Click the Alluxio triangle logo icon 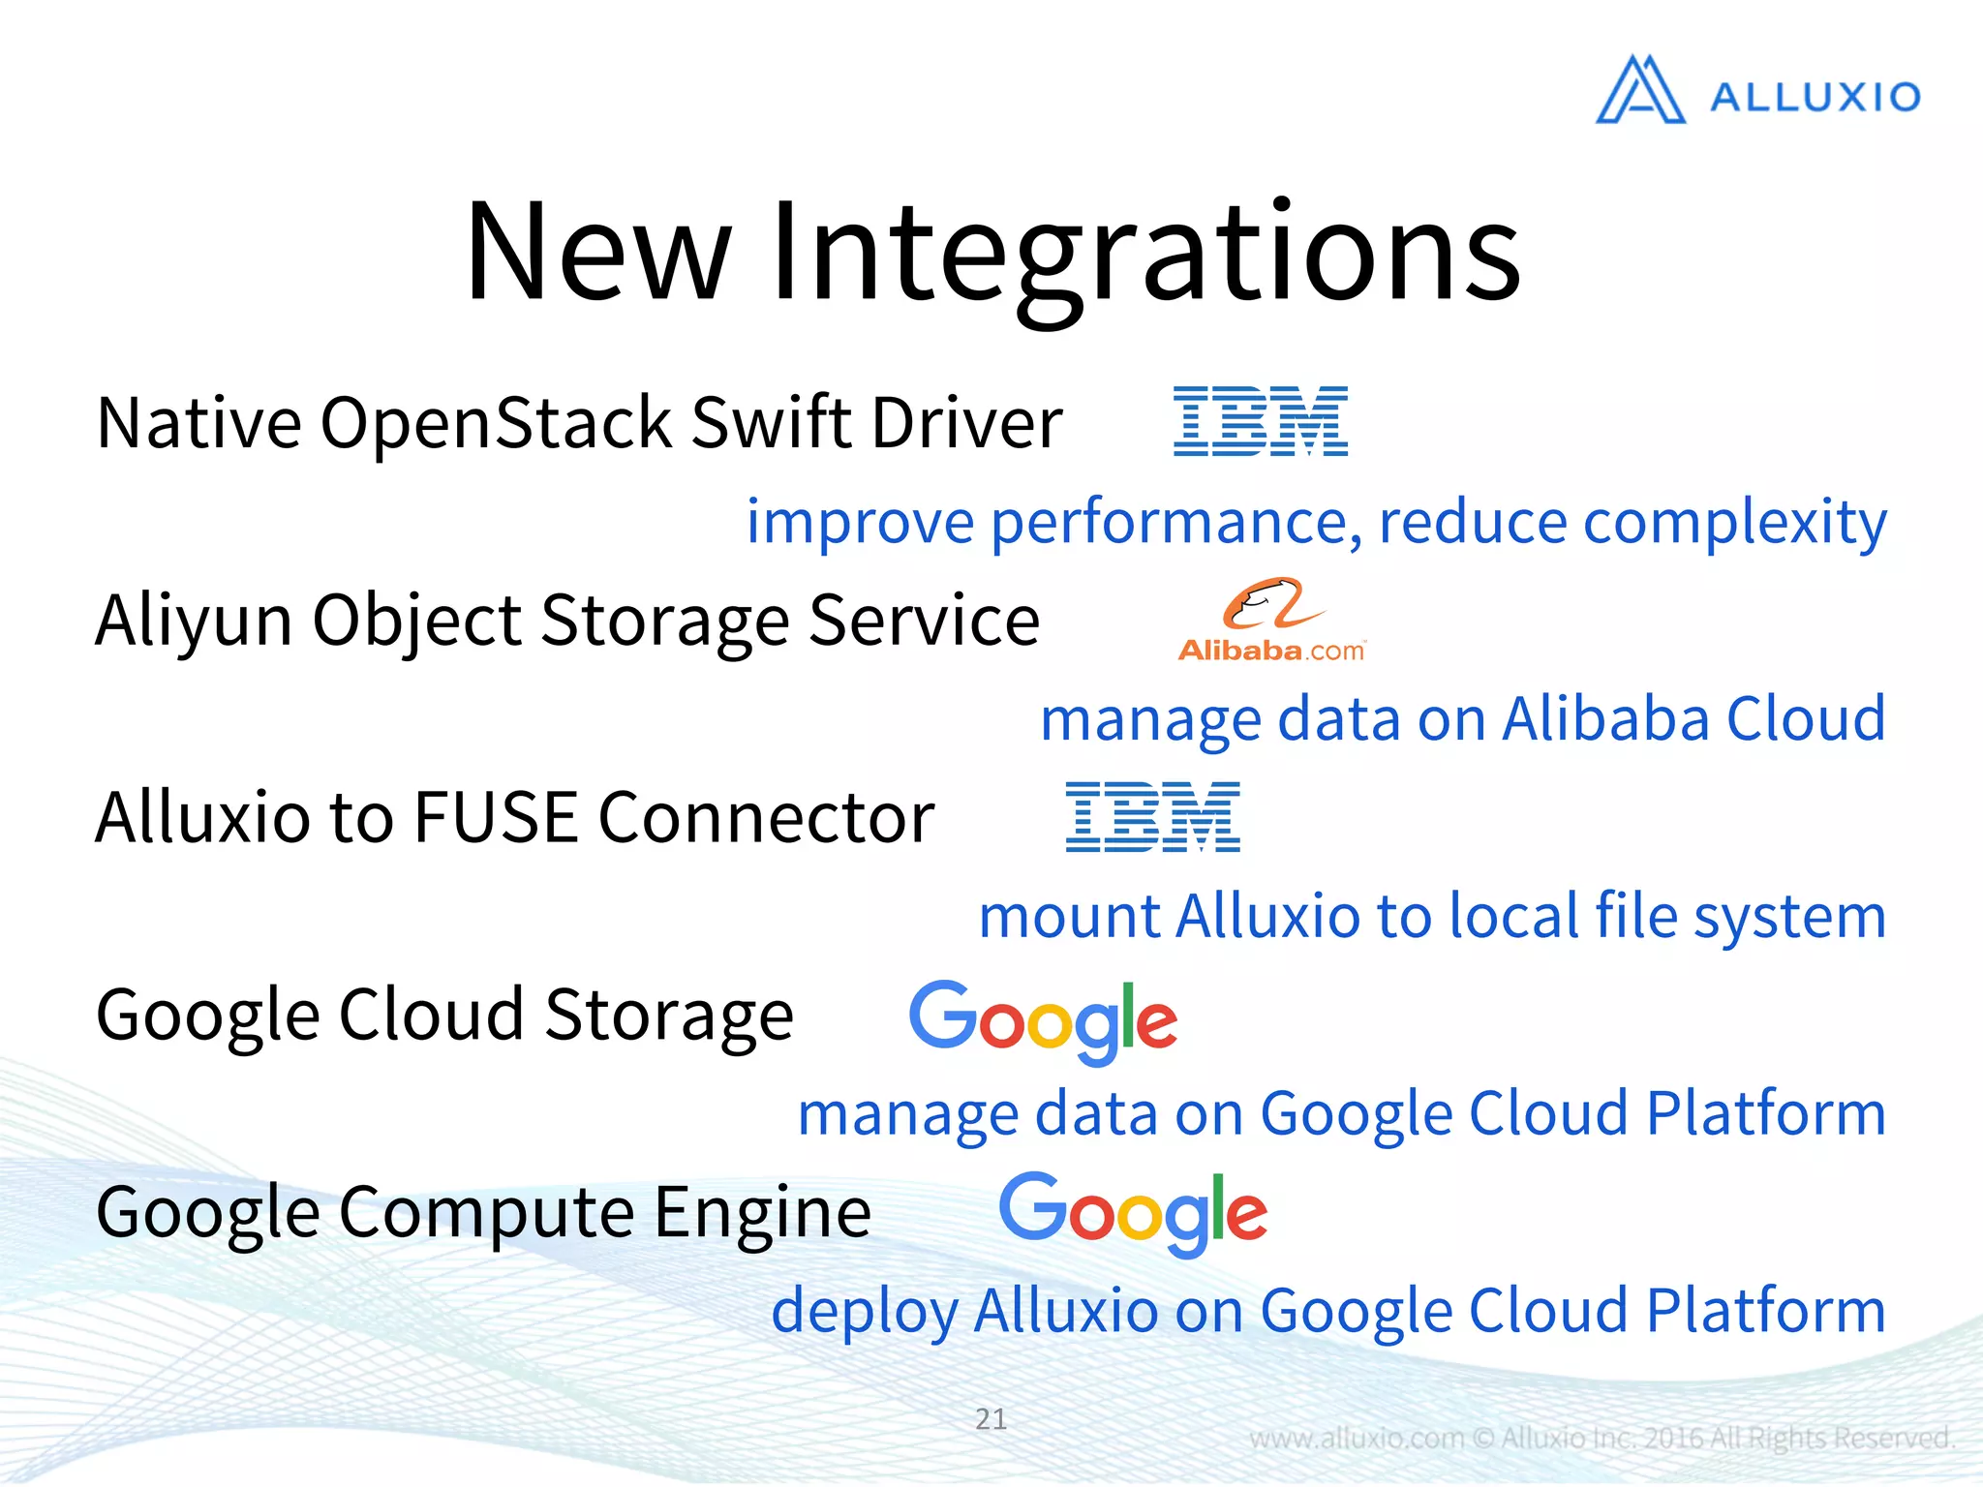(1640, 91)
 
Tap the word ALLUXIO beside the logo (1815, 97)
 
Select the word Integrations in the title (1144, 254)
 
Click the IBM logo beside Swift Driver (1260, 421)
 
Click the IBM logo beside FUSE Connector (1152, 817)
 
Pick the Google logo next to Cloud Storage (1043, 1020)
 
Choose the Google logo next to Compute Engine (1132, 1212)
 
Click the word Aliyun (194, 622)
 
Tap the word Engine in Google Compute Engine (763, 1213)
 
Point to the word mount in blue (1069, 916)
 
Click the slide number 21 (991, 1418)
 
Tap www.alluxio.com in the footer (1356, 1439)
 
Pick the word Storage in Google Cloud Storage (668, 1017)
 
